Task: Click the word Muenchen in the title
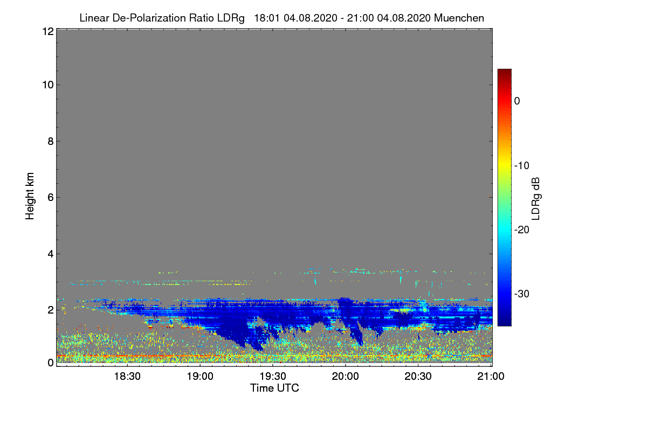point(459,18)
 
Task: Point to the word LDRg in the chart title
point(231,18)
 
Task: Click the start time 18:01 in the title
point(266,18)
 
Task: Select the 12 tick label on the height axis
point(48,31)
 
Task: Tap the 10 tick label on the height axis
point(48,85)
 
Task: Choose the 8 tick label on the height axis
point(51,142)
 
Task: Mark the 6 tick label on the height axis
point(51,198)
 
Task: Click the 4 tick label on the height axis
point(51,254)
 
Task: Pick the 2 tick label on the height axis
point(51,310)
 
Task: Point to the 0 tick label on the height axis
point(51,363)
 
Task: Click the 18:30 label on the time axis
point(127,377)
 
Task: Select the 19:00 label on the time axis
point(200,377)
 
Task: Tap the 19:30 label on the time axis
point(273,377)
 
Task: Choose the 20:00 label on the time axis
point(345,377)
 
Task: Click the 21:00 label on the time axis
point(491,377)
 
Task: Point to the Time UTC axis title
point(274,388)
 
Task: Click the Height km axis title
point(30,196)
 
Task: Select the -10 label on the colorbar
point(522,166)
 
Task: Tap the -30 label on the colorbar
point(522,294)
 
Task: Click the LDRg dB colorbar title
point(536,199)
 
